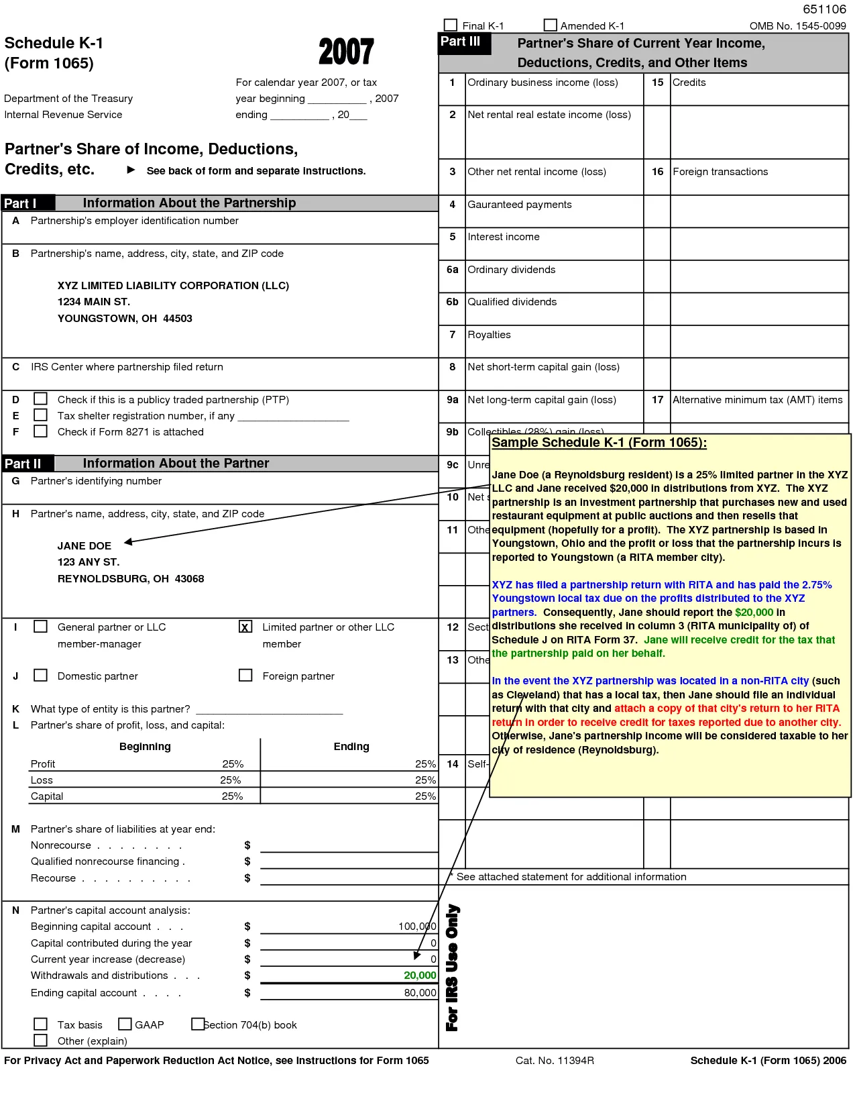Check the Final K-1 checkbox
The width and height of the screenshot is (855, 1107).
[x=451, y=25]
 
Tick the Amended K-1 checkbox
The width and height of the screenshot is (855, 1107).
[x=551, y=25]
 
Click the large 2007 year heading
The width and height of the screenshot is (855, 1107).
[x=346, y=52]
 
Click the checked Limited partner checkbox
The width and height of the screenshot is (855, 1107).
[x=245, y=627]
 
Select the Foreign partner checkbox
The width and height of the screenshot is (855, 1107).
[x=245, y=675]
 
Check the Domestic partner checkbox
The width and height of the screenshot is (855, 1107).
[x=41, y=675]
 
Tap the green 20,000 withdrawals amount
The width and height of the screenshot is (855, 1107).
[x=420, y=976]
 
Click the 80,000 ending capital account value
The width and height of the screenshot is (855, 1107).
[x=420, y=993]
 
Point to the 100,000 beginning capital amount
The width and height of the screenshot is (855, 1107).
[x=417, y=927]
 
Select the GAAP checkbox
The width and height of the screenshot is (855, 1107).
[x=125, y=1024]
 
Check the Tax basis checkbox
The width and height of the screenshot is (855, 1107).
[x=41, y=1024]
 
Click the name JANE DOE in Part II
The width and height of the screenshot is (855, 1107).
[x=84, y=546]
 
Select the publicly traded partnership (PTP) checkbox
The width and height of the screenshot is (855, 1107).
[x=41, y=399]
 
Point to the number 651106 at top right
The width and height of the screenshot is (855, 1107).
[x=824, y=9]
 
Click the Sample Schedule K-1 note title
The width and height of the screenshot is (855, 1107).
[x=599, y=443]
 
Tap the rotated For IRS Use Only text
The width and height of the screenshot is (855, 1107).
[x=453, y=967]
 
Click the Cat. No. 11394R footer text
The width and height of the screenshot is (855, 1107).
[x=555, y=1061]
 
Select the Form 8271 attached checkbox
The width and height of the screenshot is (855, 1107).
[x=41, y=431]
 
